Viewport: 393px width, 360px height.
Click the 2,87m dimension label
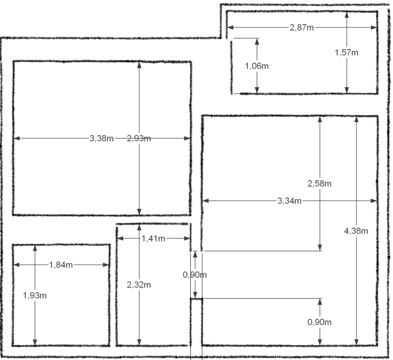click(x=302, y=27)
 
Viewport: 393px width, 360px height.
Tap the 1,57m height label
click(x=347, y=53)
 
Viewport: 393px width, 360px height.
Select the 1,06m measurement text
click(x=257, y=66)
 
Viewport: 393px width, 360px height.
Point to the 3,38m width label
click(x=102, y=138)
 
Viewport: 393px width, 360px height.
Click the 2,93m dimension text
click(x=139, y=138)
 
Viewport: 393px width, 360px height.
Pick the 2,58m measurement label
click(x=319, y=183)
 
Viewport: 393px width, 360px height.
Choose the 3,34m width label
click(x=289, y=201)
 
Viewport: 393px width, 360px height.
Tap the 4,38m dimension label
click(x=356, y=231)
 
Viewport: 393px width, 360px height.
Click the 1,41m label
click(x=153, y=238)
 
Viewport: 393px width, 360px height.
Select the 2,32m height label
click(x=139, y=285)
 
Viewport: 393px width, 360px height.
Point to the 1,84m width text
click(x=61, y=265)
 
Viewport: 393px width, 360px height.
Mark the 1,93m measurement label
click(x=35, y=295)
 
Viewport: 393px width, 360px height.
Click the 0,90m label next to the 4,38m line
click(x=319, y=322)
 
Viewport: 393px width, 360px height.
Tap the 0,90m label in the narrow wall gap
click(x=195, y=275)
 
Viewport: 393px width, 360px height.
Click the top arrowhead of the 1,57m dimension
click(x=347, y=15)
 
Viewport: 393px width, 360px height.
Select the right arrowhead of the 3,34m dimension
click(x=374, y=201)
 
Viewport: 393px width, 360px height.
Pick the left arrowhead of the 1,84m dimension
click(x=17, y=265)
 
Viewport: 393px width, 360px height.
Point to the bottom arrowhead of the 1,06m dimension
click(x=257, y=90)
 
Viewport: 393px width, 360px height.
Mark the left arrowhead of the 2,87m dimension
click(x=230, y=27)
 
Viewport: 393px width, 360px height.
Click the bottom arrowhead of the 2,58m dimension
click(x=320, y=248)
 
